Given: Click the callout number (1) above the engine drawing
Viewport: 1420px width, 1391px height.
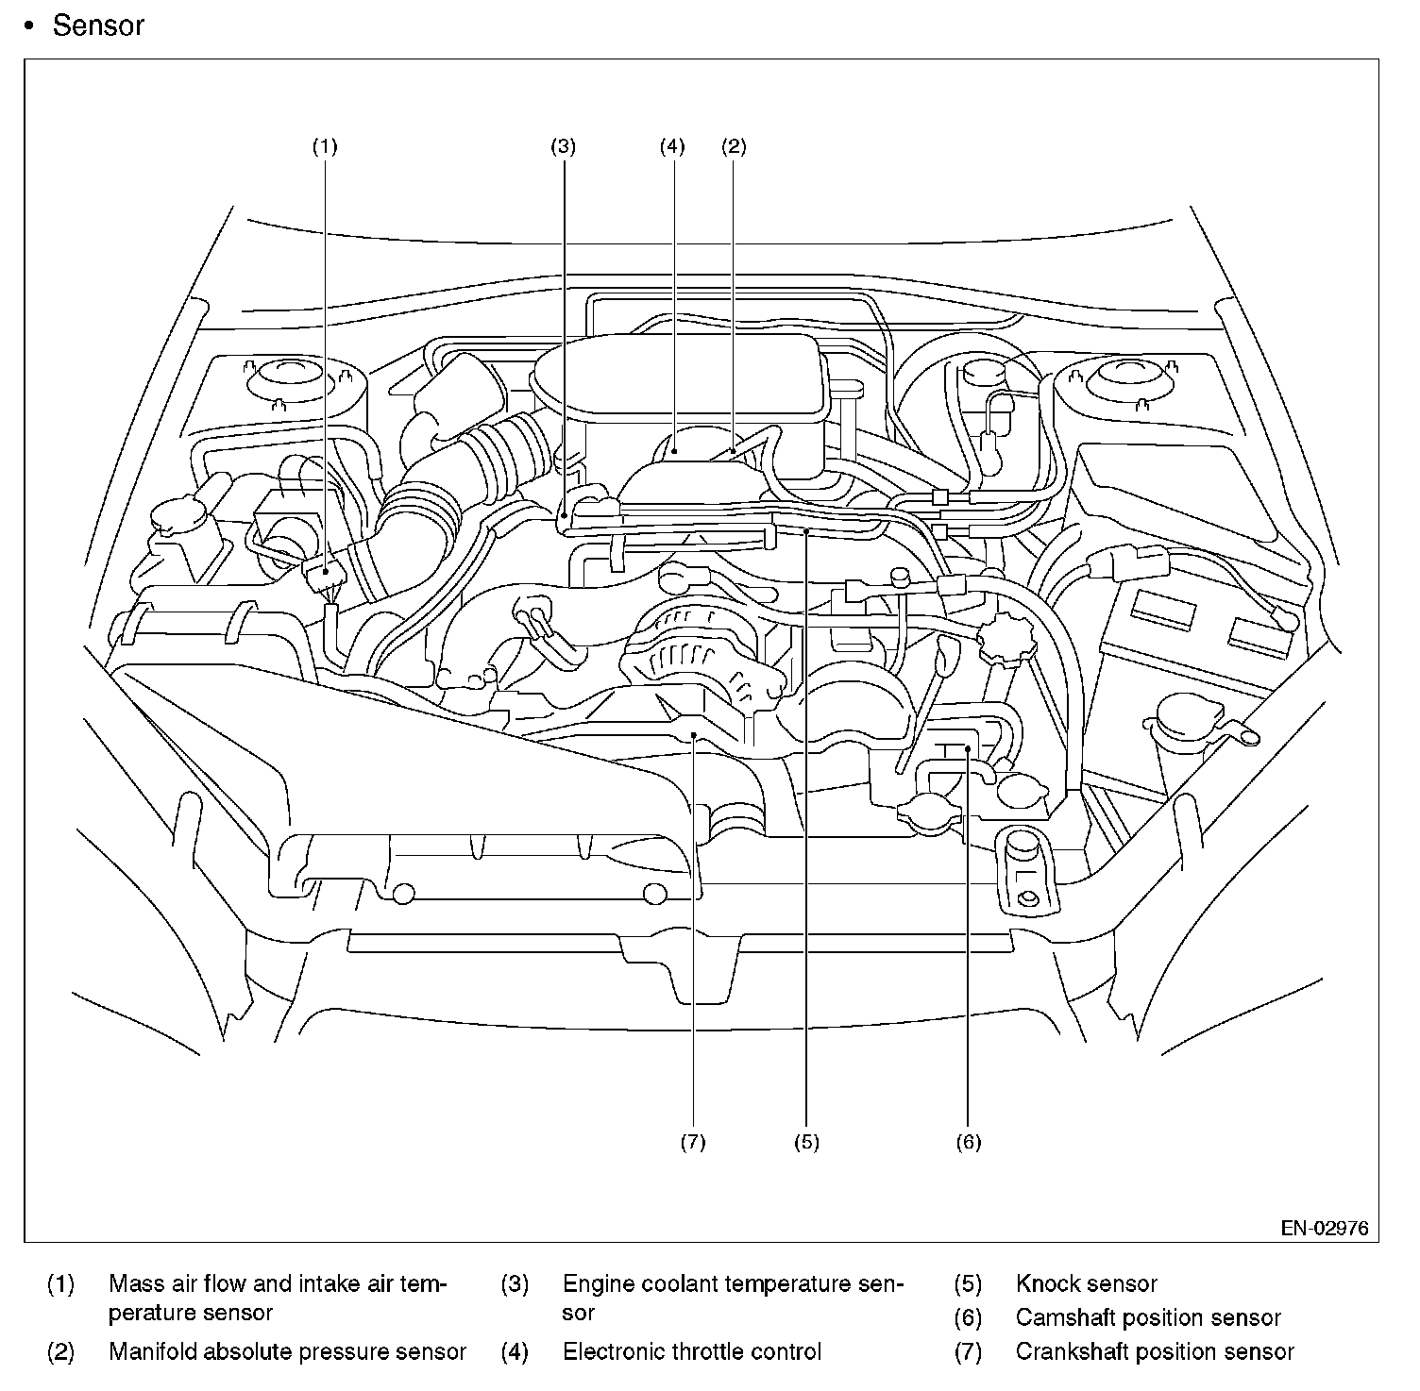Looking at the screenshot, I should click(324, 146).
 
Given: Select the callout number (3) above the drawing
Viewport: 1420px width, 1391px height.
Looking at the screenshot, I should click(564, 146).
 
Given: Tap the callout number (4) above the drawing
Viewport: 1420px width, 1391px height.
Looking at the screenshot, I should click(672, 146).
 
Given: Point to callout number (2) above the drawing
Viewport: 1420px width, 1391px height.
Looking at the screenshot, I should click(734, 146).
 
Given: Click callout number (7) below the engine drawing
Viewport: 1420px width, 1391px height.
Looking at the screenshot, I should click(693, 1142).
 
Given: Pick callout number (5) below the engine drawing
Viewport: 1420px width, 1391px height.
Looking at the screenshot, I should click(806, 1142).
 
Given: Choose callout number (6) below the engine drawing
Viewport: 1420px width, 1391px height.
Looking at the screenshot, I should click(969, 1142).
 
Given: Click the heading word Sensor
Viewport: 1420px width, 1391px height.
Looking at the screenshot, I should click(98, 25).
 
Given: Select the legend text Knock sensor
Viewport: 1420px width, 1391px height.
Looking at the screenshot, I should click(1086, 1283).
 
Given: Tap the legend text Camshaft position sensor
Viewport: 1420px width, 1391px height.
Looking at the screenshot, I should click(1148, 1317).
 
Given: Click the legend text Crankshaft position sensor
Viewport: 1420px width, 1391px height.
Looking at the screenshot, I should click(1155, 1351).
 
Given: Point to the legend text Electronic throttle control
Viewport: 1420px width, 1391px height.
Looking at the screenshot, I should click(692, 1351).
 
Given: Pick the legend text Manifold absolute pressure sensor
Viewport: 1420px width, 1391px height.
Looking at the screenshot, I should click(287, 1351).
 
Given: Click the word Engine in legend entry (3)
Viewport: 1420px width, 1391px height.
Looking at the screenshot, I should click(599, 1283).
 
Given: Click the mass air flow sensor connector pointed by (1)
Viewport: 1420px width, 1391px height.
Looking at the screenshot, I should click(324, 572).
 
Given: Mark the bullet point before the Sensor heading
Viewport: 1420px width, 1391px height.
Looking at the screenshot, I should click(30, 26).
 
